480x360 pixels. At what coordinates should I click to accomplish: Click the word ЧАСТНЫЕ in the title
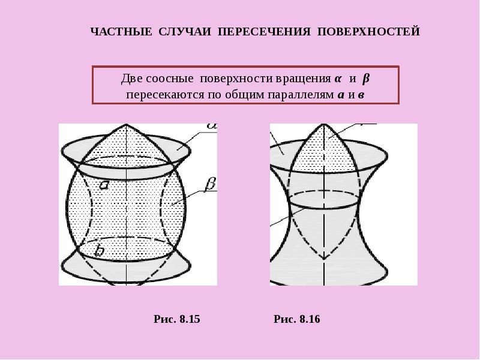pos(121,32)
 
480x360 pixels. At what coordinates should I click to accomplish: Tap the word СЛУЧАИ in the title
pos(185,32)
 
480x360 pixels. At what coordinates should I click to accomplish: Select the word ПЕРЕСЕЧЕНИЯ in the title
pos(264,32)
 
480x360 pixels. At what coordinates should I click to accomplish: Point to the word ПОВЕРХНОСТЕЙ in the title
pos(368,32)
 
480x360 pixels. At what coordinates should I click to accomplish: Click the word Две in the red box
pos(131,79)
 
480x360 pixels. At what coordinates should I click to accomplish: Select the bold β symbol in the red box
pos(366,79)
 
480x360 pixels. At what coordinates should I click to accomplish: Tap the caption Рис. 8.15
pos(177,319)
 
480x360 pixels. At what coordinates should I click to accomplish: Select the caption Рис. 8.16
pos(297,319)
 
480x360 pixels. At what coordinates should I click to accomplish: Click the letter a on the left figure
pos(104,185)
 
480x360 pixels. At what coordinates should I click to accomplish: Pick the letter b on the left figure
pos(99,250)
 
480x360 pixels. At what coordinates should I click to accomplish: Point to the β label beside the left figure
pos(210,185)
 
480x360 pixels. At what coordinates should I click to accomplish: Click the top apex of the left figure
pos(126,124)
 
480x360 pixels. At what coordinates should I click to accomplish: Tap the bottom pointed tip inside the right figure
pos(324,260)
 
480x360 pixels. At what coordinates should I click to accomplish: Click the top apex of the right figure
pos(324,124)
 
